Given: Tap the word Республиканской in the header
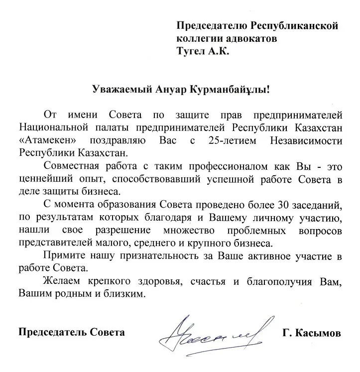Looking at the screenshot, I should point(294,25).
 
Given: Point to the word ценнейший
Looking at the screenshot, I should point(43,178).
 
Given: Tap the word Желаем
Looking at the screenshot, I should point(60,282).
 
